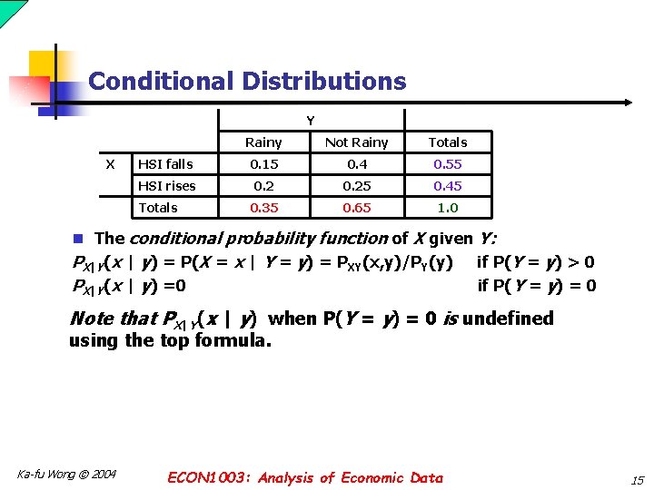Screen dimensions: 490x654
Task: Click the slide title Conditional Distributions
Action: click(x=247, y=81)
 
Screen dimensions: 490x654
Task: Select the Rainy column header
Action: click(x=263, y=142)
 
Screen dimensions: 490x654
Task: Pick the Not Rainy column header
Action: click(x=356, y=142)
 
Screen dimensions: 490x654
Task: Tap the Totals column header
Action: click(x=448, y=142)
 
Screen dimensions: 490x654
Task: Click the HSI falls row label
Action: click(x=165, y=164)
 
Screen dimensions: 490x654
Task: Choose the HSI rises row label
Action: click(x=167, y=186)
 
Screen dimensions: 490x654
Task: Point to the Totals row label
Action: click(x=158, y=208)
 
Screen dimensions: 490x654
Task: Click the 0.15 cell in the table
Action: click(x=263, y=164)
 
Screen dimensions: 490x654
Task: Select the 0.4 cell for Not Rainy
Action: click(x=356, y=164)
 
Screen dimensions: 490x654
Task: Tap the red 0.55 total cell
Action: click(x=448, y=164)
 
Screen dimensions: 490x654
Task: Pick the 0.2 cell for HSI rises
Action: click(x=263, y=186)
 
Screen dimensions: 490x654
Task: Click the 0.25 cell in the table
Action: click(x=356, y=186)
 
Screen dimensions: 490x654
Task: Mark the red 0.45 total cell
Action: click(x=448, y=186)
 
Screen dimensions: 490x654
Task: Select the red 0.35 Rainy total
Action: click(x=263, y=208)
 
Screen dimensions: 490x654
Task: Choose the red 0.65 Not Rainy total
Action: click(x=356, y=208)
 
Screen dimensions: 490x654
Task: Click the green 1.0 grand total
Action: click(x=448, y=208)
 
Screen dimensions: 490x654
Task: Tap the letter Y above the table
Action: click(x=311, y=121)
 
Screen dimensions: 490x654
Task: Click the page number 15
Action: click(x=635, y=479)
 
